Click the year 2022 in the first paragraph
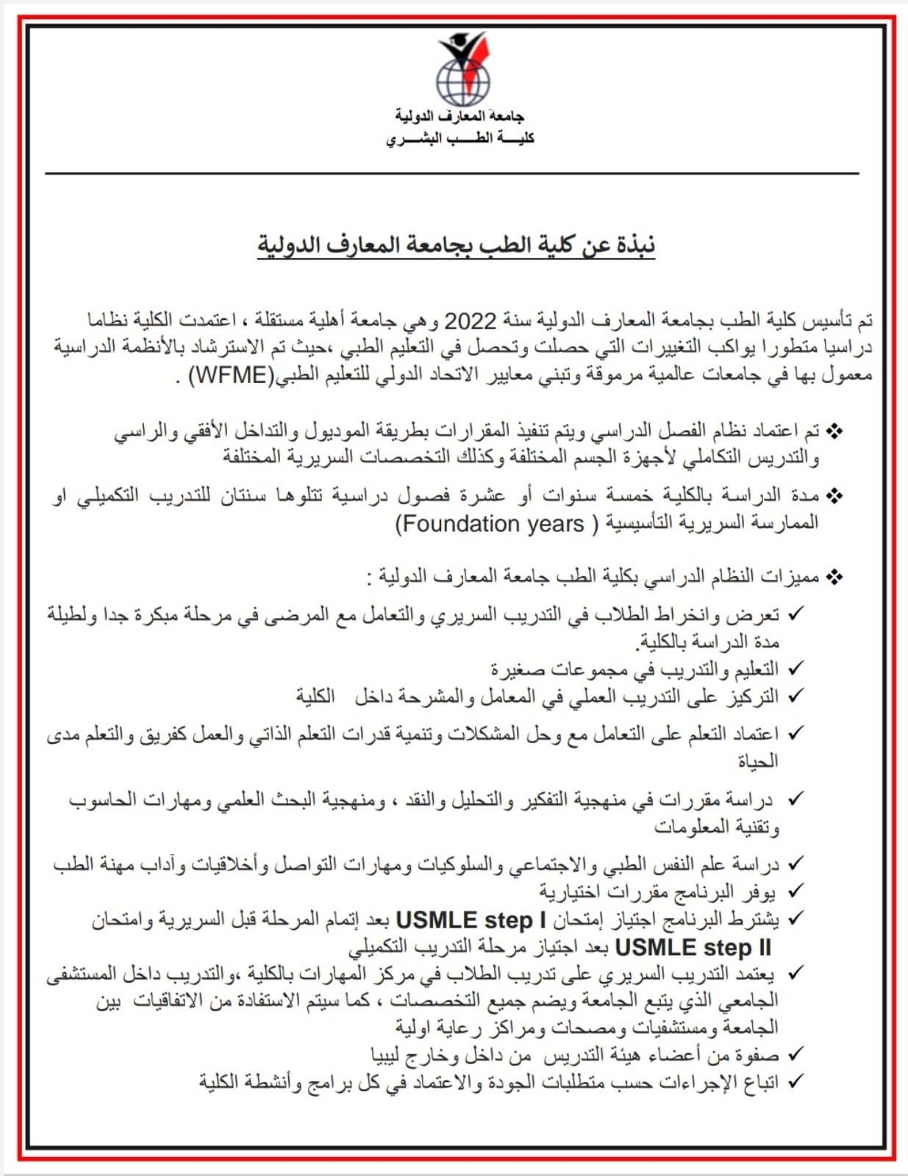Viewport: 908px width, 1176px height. click(x=471, y=321)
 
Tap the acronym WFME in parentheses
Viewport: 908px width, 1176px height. click(x=232, y=376)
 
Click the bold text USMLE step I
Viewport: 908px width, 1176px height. click(x=471, y=920)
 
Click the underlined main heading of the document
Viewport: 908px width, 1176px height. click(x=456, y=245)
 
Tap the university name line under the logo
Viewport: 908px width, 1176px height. click(x=460, y=115)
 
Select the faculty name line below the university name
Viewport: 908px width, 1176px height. click(x=460, y=138)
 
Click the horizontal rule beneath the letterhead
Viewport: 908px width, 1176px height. click(x=452, y=173)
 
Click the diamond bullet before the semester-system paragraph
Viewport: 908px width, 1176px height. click(x=834, y=431)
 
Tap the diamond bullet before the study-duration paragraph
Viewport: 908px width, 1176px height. click(x=834, y=496)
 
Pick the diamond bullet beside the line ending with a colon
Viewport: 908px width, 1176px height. click(x=834, y=577)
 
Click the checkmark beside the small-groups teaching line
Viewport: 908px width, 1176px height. click(x=794, y=668)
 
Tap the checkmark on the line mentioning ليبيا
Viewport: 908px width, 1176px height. click(x=794, y=1055)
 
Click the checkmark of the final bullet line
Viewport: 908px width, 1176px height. click(x=794, y=1082)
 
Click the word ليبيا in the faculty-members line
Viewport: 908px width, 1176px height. click(x=388, y=1056)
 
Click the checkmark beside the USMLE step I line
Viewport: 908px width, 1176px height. click(x=794, y=919)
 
